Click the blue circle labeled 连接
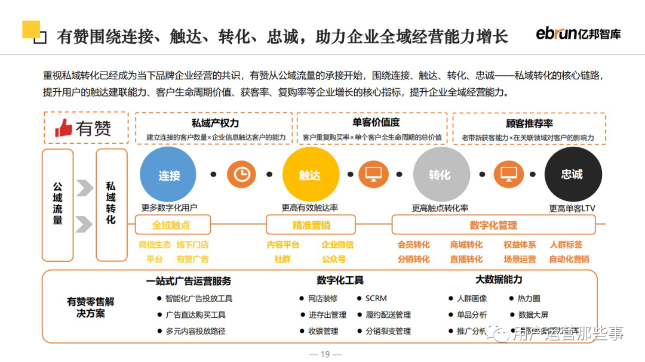pos(169,175)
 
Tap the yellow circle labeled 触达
pos(310,175)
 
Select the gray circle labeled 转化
pos(440,175)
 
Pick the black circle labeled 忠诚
pos(572,174)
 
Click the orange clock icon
pos(241,174)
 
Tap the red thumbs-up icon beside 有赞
pos(64,128)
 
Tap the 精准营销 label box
pos(311,225)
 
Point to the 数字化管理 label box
pos(493,225)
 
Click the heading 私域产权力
pos(215,123)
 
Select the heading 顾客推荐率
pos(529,123)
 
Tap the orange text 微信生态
pos(155,245)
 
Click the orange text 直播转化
pos(466,259)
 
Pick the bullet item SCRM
pos(376,298)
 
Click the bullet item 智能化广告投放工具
pos(198,298)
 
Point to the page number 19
pos(325,354)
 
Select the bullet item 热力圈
pos(529,298)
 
